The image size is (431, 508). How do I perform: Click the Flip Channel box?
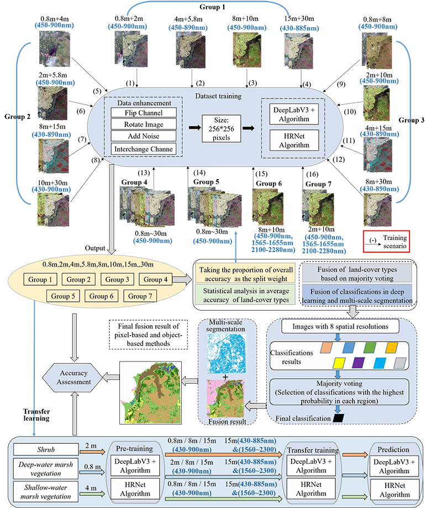143,113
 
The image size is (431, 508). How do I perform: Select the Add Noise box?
143,137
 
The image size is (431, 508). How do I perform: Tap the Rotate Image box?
143,125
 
